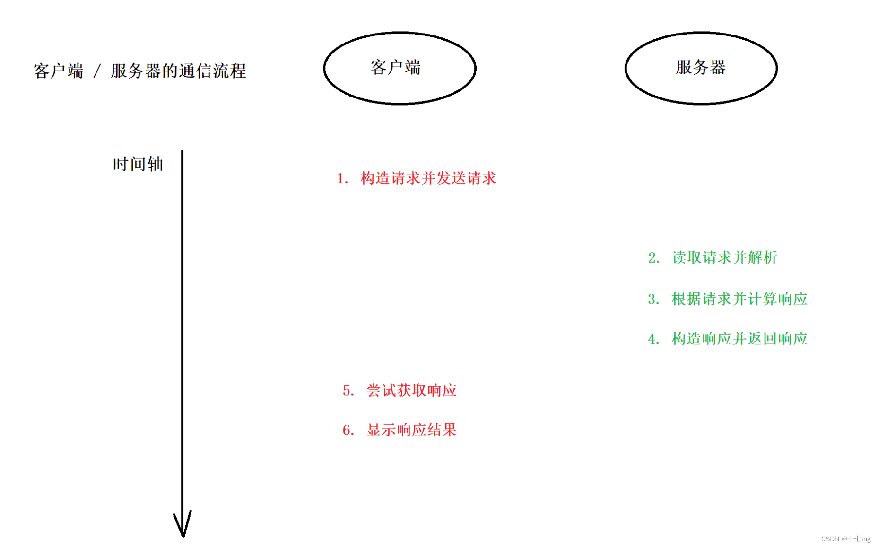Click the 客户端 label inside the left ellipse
[396, 68]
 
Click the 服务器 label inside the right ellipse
[700, 68]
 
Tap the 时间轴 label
[138, 164]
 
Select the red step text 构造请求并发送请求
[428, 178]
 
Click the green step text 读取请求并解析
[724, 258]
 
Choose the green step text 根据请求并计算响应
[739, 299]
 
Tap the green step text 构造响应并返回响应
[739, 339]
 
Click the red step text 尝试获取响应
[411, 390]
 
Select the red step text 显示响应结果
[411, 430]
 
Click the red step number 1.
[341, 179]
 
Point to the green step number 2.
[653, 258]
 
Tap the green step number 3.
[653, 300]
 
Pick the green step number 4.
[653, 339]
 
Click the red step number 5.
[348, 391]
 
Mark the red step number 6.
[348, 431]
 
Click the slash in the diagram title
[97, 71]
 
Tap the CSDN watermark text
[845, 539]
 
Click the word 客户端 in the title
[58, 71]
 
